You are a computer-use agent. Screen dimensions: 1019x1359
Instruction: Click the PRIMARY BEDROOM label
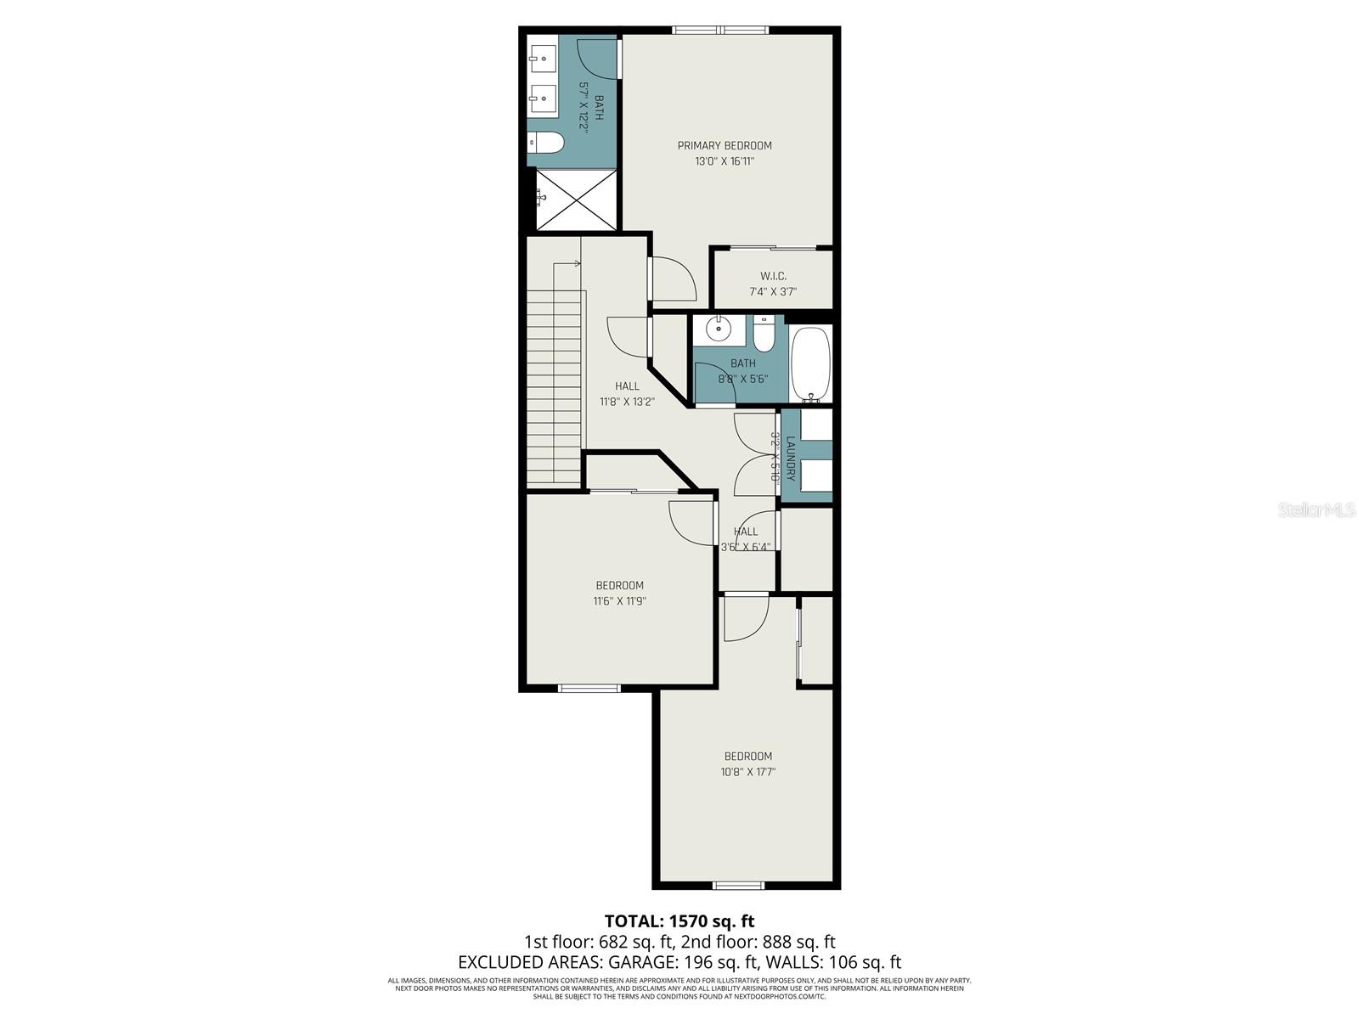click(724, 145)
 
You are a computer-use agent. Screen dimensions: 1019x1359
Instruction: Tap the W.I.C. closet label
click(772, 276)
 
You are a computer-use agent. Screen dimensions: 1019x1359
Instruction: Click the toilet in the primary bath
click(545, 143)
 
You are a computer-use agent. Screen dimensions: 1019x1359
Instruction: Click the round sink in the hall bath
click(719, 328)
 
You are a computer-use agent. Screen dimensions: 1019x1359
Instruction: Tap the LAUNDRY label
click(790, 459)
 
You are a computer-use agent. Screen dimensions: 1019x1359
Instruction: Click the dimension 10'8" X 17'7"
click(747, 772)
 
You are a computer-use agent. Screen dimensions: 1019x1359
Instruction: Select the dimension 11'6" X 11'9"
click(619, 600)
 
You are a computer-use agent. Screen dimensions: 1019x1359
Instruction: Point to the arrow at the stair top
click(577, 264)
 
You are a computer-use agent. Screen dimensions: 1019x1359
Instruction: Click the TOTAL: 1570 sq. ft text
click(679, 920)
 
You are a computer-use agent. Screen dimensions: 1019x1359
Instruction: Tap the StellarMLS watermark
click(1317, 509)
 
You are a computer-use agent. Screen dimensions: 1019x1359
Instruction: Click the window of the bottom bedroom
click(738, 886)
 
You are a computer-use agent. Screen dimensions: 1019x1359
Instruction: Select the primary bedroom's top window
click(721, 31)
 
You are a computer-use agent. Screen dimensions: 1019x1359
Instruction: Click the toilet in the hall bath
click(764, 335)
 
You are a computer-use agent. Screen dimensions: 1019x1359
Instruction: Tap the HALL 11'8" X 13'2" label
click(627, 393)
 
